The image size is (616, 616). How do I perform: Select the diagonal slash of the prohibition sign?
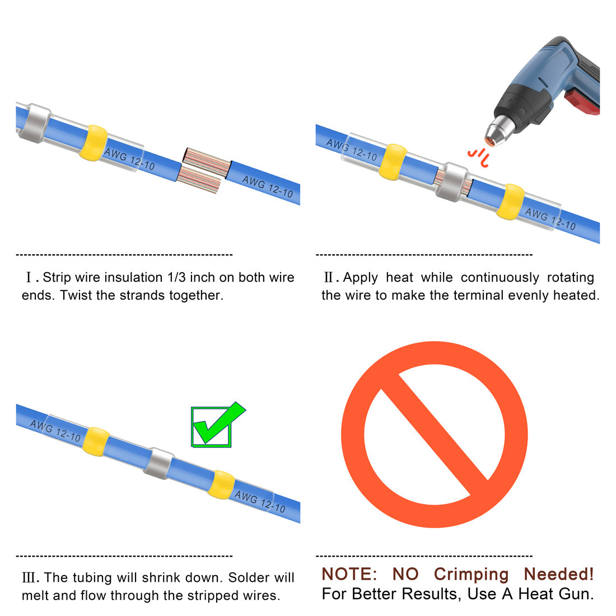point(435,434)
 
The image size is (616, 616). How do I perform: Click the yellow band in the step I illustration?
point(94,143)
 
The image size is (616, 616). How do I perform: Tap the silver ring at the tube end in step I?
point(35,123)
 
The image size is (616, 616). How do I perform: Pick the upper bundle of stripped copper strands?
point(207,162)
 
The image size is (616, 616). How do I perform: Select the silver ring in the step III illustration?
point(158,463)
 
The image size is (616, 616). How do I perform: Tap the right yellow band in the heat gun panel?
point(510,202)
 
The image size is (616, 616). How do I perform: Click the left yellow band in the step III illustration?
point(96,442)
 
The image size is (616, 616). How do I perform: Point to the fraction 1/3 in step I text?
point(176,277)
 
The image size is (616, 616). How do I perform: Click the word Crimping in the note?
point(471,575)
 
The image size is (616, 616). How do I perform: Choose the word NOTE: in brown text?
point(349,574)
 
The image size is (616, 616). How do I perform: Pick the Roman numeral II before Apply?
point(330,277)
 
